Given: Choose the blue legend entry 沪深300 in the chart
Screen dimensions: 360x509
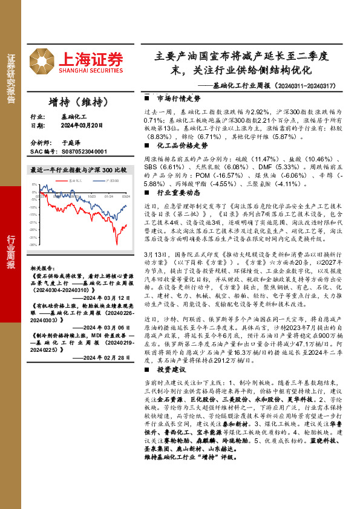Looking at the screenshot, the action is coord(111,180).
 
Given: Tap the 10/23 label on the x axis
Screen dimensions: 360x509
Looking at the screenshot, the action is coord(91,196).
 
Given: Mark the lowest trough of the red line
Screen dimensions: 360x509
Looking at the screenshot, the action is coord(116,244).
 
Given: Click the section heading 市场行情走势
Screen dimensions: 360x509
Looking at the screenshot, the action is coord(178,98).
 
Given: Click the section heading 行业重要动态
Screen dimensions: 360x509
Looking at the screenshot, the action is coord(178,192).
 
